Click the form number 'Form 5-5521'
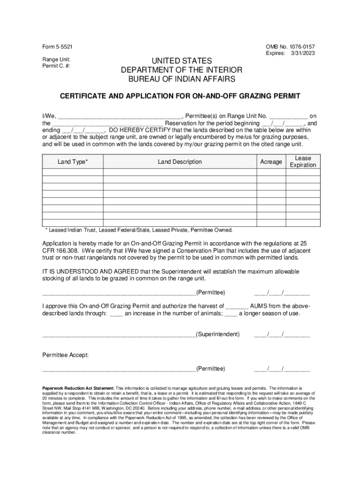58,47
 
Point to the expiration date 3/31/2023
303,54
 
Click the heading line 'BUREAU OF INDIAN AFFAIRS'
180,80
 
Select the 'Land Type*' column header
72,162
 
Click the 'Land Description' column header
180,162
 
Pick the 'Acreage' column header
271,162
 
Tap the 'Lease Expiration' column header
302,162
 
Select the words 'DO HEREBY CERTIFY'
139,130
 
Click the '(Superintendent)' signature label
218,334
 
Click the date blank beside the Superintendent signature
282,335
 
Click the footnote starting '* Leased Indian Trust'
139,230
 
